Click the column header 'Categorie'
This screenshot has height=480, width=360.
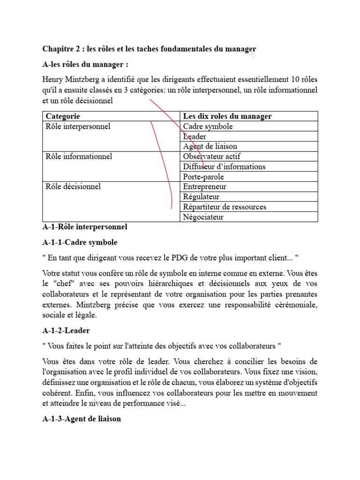tap(63, 116)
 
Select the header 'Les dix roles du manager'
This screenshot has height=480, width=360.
tap(227, 116)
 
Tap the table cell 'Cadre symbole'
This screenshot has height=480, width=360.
tap(208, 127)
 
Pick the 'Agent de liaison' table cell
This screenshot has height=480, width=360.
tap(210, 146)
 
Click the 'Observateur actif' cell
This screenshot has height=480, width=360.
tap(212, 157)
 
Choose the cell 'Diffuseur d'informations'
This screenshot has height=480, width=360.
tap(224, 167)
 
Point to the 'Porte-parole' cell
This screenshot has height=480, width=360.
tap(203, 177)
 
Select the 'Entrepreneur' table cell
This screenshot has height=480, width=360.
tap(205, 187)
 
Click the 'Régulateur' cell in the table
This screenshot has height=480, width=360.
tap(201, 197)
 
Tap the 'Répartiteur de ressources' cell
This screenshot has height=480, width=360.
tap(225, 207)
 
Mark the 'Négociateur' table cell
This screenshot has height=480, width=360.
tap(203, 217)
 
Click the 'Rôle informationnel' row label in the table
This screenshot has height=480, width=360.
tap(78, 157)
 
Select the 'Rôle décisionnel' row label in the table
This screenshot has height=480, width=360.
tap(74, 187)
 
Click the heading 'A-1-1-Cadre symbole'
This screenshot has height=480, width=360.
tap(80, 243)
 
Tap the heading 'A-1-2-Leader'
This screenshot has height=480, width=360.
tap(66, 330)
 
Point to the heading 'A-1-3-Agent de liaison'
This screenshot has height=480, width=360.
tap(82, 419)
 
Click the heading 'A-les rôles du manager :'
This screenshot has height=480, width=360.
tap(85, 64)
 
